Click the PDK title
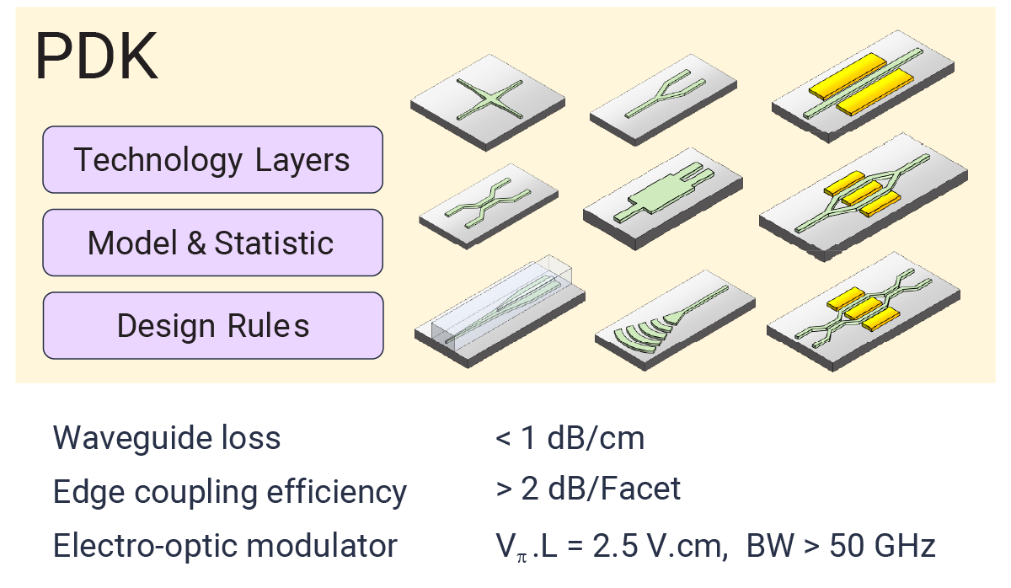(x=96, y=57)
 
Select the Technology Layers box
(x=212, y=159)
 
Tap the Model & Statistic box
(x=212, y=243)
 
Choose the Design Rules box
(x=212, y=325)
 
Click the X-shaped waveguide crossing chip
(x=488, y=99)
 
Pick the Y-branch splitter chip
(x=666, y=102)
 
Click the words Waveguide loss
(x=167, y=438)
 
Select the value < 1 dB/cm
(x=570, y=438)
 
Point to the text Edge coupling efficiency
(x=230, y=492)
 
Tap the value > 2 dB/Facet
(x=588, y=489)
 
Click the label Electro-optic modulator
(x=225, y=546)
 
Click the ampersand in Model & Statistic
(x=195, y=243)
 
